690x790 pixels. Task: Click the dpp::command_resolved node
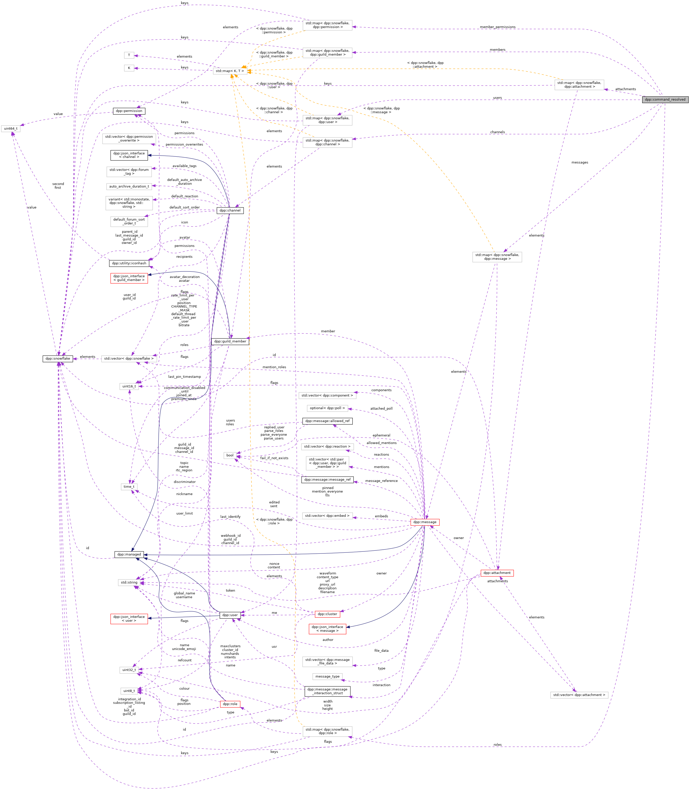(665, 99)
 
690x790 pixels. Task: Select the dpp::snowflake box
(58, 358)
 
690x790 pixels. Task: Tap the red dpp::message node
(425, 522)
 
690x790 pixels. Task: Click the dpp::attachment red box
(497, 573)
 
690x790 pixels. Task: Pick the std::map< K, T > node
(230, 71)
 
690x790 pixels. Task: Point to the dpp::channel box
(229, 210)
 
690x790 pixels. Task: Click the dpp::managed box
(129, 554)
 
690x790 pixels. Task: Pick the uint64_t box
(10, 128)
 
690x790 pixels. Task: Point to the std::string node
(129, 582)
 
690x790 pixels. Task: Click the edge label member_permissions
(497, 27)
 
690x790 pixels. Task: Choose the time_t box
(129, 486)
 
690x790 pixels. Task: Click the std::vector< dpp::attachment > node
(579, 695)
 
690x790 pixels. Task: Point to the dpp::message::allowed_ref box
(327, 421)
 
